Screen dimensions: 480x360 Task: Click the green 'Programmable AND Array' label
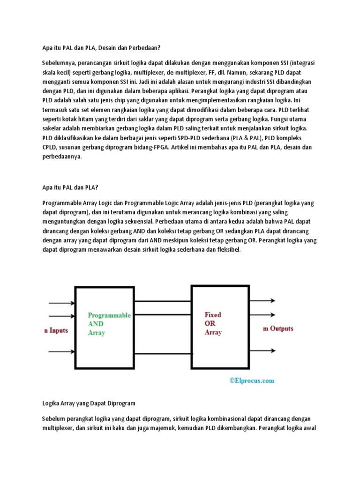click(109, 324)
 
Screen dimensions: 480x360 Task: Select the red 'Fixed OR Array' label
click(213, 323)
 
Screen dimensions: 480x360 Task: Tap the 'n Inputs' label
click(56, 330)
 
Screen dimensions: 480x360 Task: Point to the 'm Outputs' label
click(278, 329)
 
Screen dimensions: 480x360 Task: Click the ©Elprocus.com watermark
click(252, 381)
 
